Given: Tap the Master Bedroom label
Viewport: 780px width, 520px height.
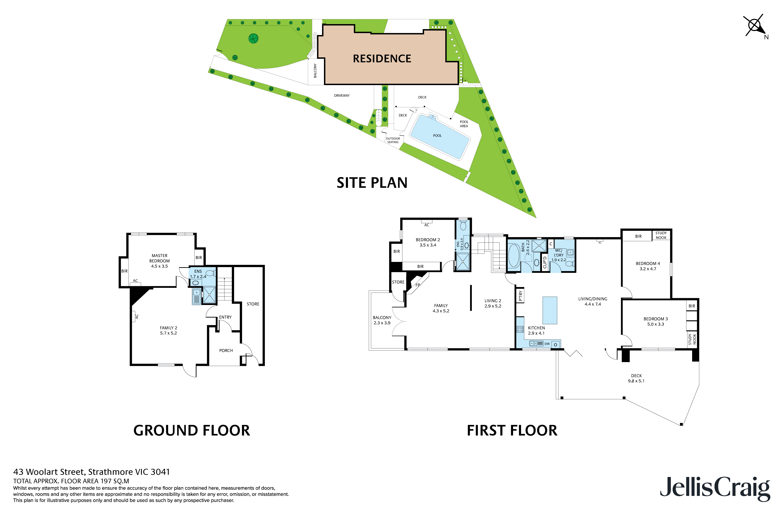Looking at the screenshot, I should point(159,261).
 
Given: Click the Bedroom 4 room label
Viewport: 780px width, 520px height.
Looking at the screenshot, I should point(648,266).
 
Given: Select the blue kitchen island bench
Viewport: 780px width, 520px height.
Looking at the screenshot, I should point(549,310).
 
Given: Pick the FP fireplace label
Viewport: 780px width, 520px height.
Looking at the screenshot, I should point(418,285).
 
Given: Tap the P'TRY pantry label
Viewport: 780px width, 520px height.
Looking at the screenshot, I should point(520,296).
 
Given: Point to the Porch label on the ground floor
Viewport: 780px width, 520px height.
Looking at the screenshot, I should point(226,350).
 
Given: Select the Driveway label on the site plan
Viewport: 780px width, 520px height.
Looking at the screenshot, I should point(342,96).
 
